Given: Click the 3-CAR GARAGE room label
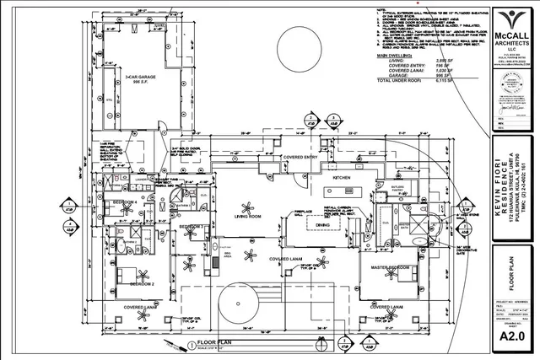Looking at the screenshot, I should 143,78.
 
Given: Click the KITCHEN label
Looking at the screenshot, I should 341,179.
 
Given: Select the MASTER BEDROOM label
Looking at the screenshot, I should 390,267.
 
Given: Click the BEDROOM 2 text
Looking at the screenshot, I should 131,286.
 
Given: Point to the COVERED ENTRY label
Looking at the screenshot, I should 300,158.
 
